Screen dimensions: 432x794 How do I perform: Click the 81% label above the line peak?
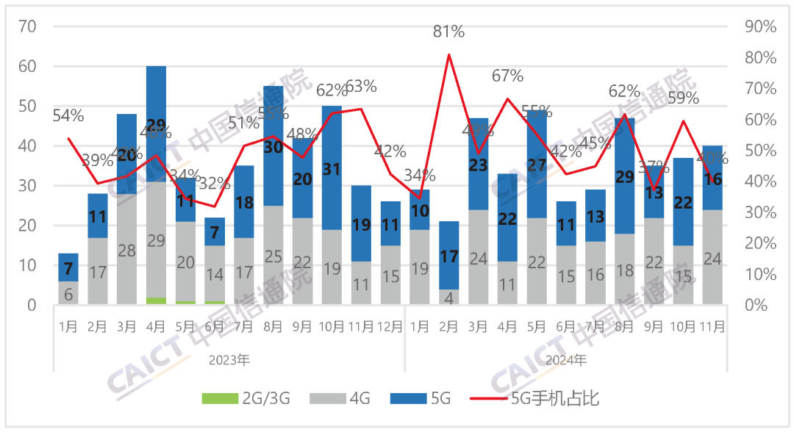(x=448, y=32)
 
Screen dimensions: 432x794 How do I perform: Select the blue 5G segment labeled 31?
(x=332, y=169)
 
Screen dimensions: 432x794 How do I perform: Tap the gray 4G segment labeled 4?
(x=448, y=297)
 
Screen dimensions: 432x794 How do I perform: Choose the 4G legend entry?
(x=340, y=399)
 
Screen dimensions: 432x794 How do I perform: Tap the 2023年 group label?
(x=229, y=360)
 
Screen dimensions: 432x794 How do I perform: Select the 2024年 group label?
(x=566, y=360)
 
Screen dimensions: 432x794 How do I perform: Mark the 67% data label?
(x=507, y=76)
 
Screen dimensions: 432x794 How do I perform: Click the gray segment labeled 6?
(x=68, y=292)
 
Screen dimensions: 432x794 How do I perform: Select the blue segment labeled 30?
(x=273, y=145)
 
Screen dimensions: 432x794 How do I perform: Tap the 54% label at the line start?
(x=68, y=115)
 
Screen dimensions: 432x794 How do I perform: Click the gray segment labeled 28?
(x=126, y=250)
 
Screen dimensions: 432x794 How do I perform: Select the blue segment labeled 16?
(x=712, y=178)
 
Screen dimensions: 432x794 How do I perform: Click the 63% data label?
(x=361, y=87)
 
